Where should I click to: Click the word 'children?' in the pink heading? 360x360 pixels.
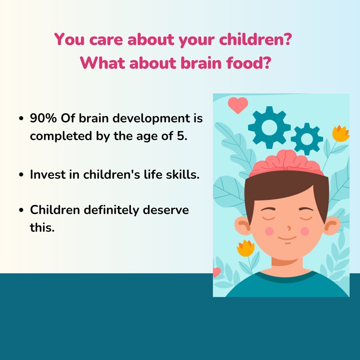tap(255, 39)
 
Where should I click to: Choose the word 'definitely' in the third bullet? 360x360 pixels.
tap(111, 210)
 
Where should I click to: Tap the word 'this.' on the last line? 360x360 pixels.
tap(42, 227)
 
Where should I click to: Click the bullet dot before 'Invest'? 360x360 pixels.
tap(21, 175)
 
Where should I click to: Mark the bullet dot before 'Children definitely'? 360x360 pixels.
tap(21, 210)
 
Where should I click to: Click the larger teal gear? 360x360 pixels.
tap(269, 127)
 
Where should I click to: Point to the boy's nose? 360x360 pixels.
tap(289, 228)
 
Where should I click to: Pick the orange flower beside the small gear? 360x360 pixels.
tap(341, 133)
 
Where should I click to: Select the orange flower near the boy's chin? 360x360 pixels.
tap(245, 248)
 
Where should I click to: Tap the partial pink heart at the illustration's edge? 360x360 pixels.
tap(217, 272)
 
